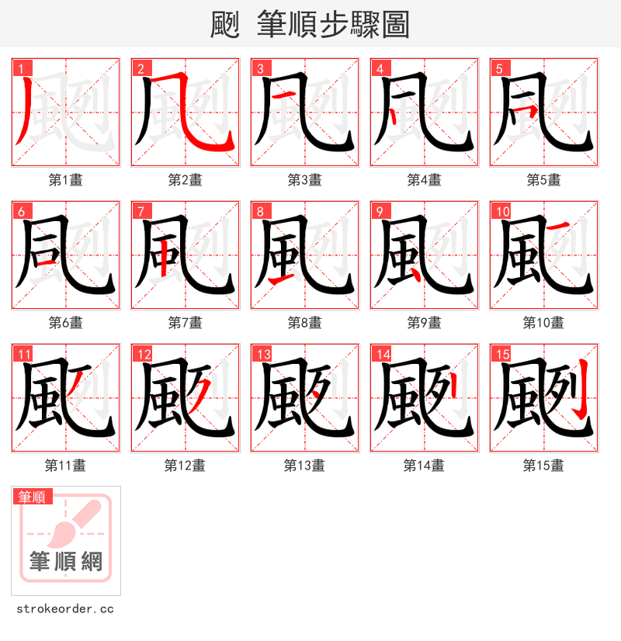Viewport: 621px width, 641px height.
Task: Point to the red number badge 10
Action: tap(501, 210)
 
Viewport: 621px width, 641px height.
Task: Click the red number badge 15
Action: tap(501, 353)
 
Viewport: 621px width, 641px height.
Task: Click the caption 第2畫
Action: tap(185, 180)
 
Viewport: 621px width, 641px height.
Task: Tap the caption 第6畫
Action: tap(65, 323)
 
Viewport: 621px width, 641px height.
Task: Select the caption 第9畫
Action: tap(424, 323)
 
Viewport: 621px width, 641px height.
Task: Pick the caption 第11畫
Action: tap(65, 466)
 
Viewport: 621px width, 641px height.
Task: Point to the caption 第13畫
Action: tap(304, 466)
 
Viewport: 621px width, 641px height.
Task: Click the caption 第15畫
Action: tap(543, 466)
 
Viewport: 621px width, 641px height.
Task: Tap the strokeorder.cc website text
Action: tap(65, 608)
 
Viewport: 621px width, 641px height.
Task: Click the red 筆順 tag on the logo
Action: tap(33, 497)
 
